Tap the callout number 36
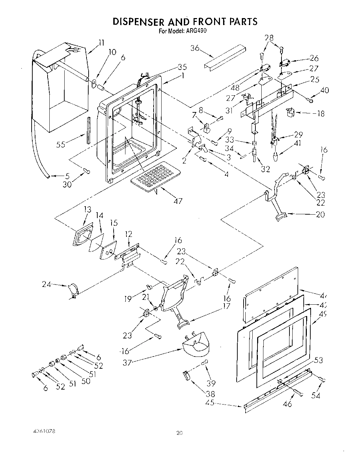click(x=195, y=48)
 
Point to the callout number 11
click(x=101, y=43)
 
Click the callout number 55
click(x=61, y=144)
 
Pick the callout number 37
click(x=127, y=362)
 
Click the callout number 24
click(x=46, y=285)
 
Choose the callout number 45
click(x=210, y=403)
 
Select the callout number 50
click(x=85, y=381)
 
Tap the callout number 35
click(x=182, y=67)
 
